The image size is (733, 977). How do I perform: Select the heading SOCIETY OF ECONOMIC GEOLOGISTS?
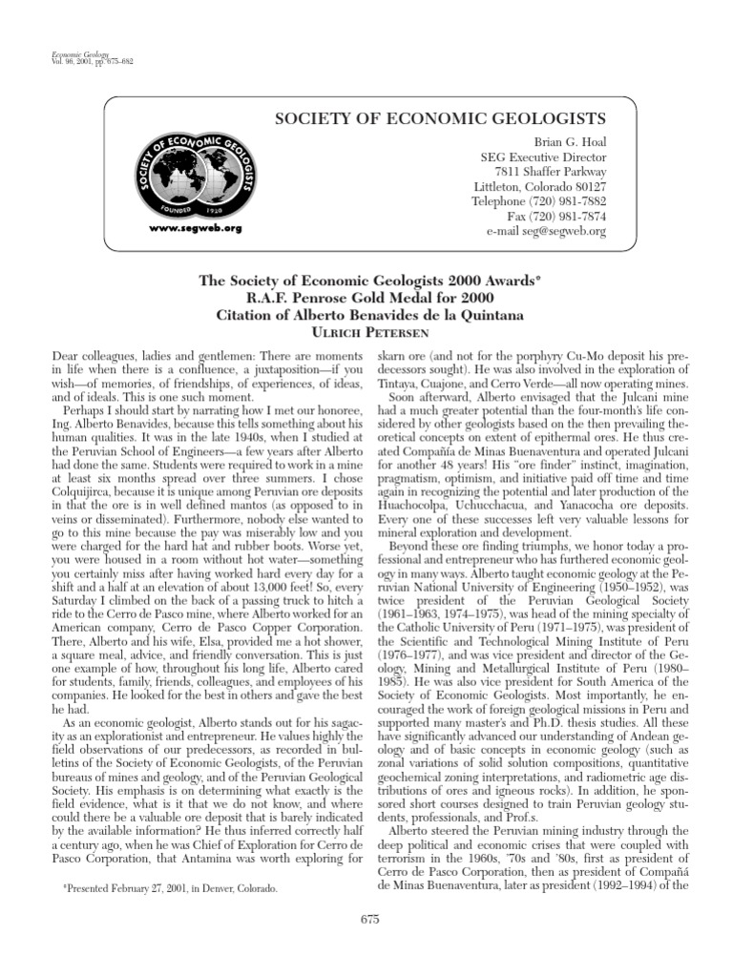coord(440,118)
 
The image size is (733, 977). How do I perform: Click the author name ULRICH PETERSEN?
coord(366,330)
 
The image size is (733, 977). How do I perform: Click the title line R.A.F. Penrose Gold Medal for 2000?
coord(366,298)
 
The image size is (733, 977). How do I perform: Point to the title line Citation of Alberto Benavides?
coord(366,314)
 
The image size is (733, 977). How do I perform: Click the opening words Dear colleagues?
coord(90,355)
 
